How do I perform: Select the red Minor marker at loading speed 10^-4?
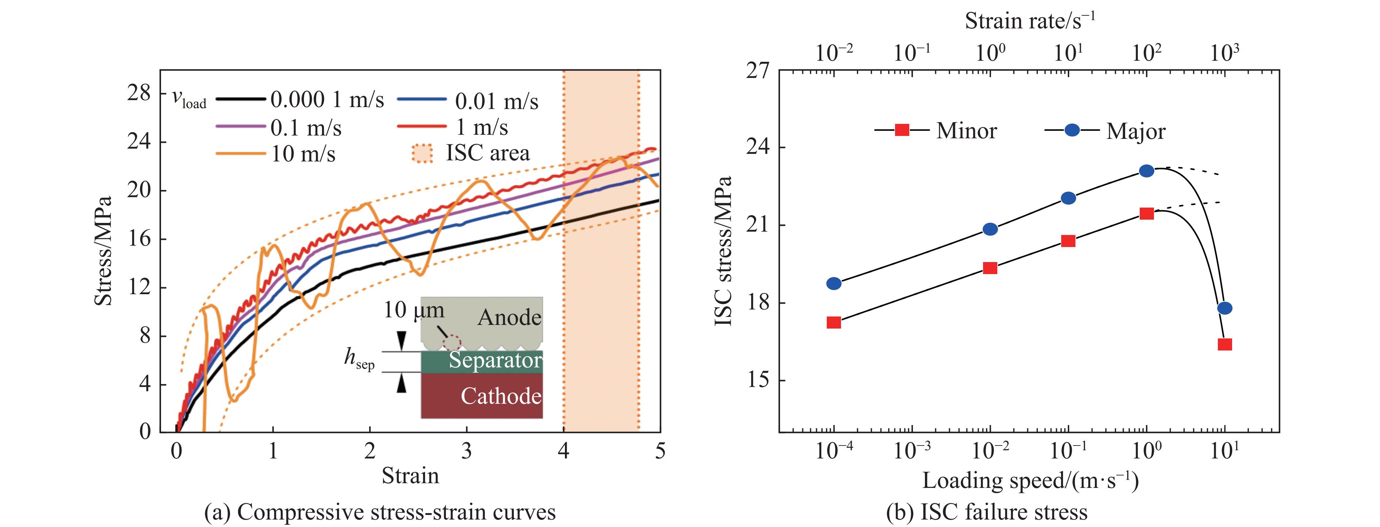click(x=834, y=322)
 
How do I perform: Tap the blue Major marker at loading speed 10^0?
click(x=1146, y=171)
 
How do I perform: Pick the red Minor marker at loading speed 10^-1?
click(x=1068, y=241)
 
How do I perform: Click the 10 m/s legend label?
click(x=303, y=154)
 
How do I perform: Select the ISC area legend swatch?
click(x=422, y=153)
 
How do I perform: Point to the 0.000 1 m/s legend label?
click(x=327, y=100)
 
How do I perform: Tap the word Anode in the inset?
click(x=509, y=317)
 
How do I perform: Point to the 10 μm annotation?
click(x=414, y=310)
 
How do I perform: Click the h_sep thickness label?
click(x=359, y=358)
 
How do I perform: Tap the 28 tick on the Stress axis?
click(x=139, y=93)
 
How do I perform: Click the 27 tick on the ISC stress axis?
click(x=757, y=70)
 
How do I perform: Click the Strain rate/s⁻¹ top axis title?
click(x=1030, y=20)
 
